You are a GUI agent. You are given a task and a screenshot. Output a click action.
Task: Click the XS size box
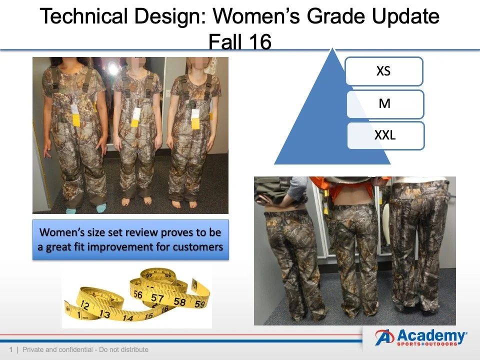pos(383,71)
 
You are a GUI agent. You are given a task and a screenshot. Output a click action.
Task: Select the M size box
pos(384,104)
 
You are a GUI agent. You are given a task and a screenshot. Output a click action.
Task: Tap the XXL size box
pos(384,135)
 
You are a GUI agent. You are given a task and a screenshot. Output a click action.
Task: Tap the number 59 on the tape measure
pos(199,303)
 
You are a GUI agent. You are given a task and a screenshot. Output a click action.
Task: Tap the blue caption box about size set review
pos(130,239)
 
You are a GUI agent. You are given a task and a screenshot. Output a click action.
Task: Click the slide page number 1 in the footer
pos(10,349)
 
